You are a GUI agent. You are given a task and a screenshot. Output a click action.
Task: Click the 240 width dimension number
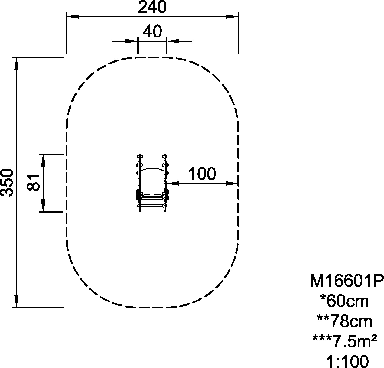point(152,7)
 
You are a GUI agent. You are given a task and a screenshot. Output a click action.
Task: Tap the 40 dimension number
point(152,31)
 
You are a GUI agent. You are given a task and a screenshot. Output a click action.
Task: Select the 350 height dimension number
point(7,182)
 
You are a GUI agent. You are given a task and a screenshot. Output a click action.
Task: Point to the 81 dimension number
point(33,182)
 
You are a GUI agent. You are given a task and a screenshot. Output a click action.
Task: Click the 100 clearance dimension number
point(202,174)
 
